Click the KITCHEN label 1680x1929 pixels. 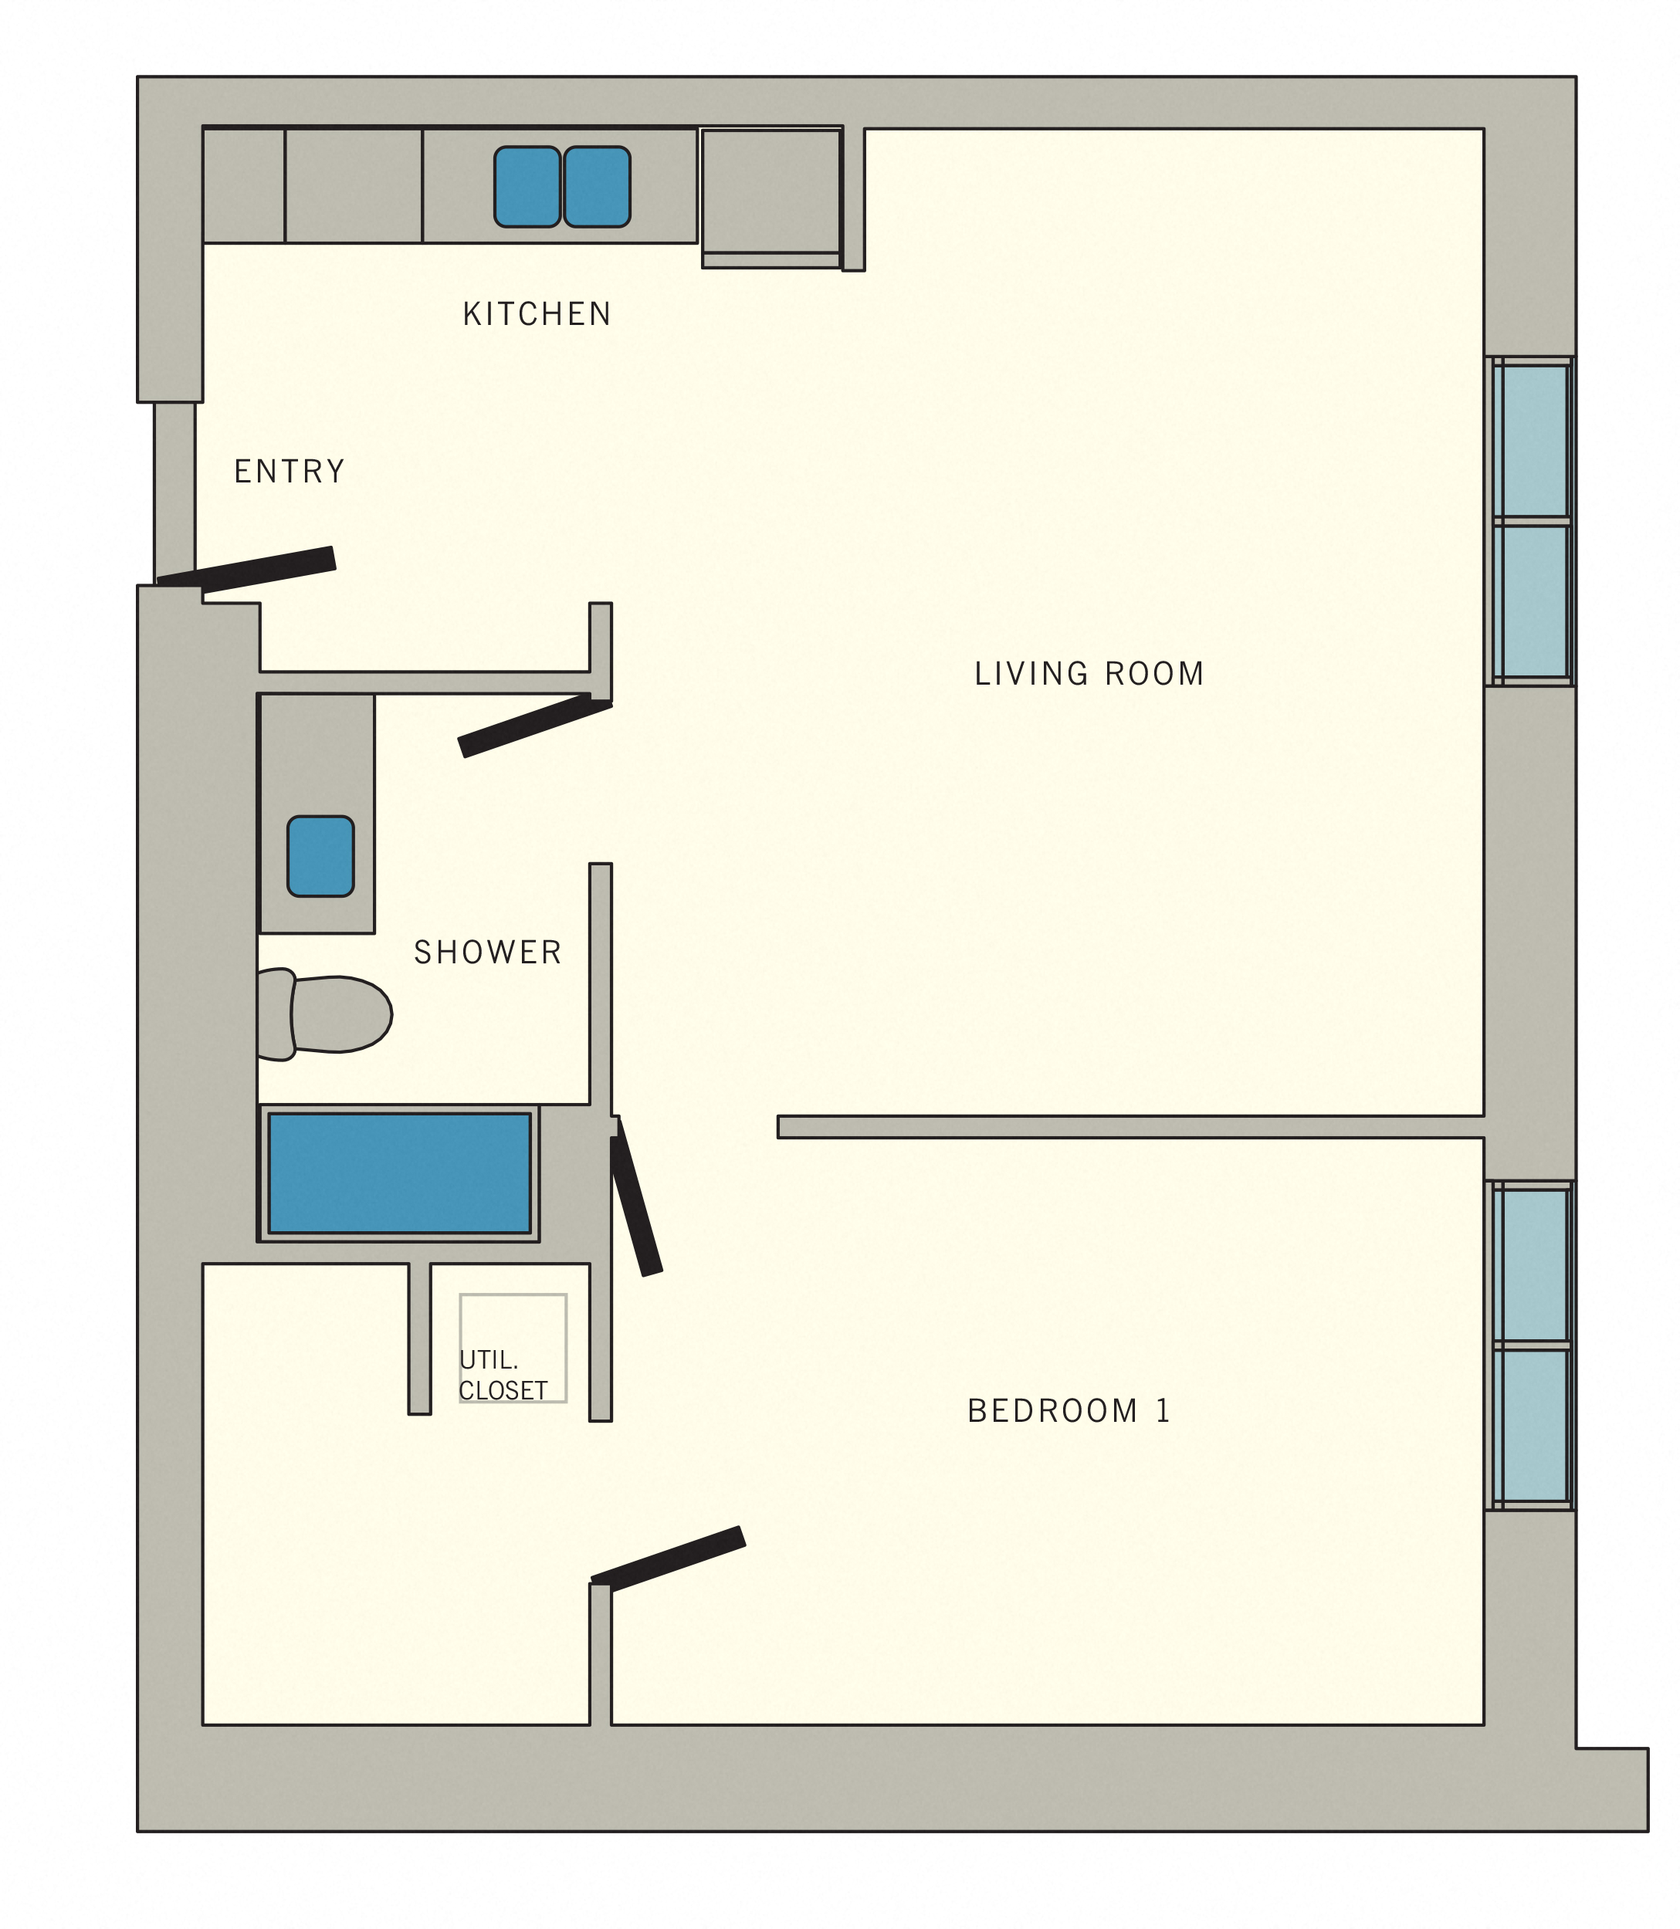pyautogui.click(x=537, y=314)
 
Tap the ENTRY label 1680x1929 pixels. pyautogui.click(x=289, y=472)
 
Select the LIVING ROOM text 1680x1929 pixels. pyautogui.click(x=1089, y=674)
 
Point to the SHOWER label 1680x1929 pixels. pyautogui.click(x=487, y=953)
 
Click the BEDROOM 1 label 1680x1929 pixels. pyautogui.click(x=1068, y=1411)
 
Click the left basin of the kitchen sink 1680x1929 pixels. pyautogui.click(x=527, y=187)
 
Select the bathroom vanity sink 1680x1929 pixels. pyautogui.click(x=320, y=856)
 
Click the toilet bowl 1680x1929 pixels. pyautogui.click(x=340, y=1014)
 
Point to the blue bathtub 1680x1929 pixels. pyautogui.click(x=399, y=1173)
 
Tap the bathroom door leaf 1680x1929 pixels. pyautogui.click(x=534, y=726)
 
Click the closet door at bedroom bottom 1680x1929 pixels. pyautogui.click(x=669, y=1558)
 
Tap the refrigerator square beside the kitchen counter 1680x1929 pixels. pyautogui.click(x=771, y=192)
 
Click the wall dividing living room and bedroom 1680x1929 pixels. pyautogui.click(x=1130, y=1127)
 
